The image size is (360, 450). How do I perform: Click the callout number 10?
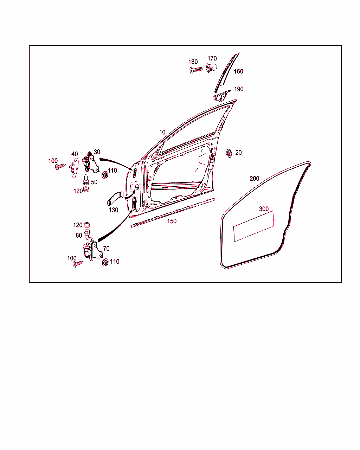(x=162, y=132)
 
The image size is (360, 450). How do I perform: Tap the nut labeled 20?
(x=229, y=153)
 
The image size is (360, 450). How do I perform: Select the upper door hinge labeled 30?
(x=90, y=162)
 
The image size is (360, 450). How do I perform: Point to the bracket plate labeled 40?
(x=74, y=168)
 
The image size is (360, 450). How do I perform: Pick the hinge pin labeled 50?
(x=86, y=180)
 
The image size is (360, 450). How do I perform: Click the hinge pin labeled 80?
(x=86, y=234)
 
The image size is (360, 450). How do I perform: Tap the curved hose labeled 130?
(x=115, y=198)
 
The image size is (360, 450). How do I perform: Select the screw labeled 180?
(x=196, y=70)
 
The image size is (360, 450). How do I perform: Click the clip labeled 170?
(x=212, y=67)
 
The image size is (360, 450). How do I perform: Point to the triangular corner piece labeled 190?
(x=221, y=96)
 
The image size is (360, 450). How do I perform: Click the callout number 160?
(x=238, y=71)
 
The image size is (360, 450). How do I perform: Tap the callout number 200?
(x=254, y=179)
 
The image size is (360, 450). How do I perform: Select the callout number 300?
(x=264, y=209)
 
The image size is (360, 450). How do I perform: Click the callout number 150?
(x=172, y=221)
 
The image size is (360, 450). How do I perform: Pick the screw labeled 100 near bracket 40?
(x=60, y=167)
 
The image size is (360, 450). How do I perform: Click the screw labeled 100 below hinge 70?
(x=78, y=264)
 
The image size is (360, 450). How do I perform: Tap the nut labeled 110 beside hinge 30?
(x=105, y=175)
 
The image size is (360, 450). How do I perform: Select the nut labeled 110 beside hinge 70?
(x=105, y=262)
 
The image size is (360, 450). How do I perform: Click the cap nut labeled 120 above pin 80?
(x=87, y=225)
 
